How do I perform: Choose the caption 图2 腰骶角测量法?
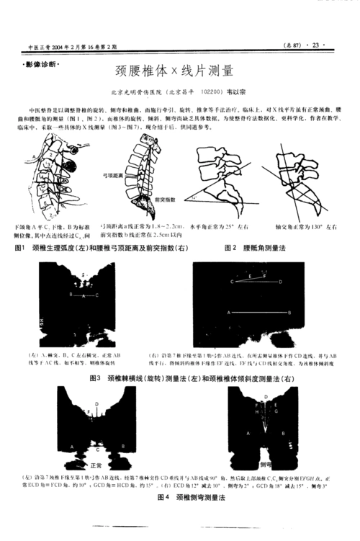[255, 248]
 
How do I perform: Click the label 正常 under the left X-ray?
[97, 466]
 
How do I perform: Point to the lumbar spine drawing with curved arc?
[141, 173]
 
